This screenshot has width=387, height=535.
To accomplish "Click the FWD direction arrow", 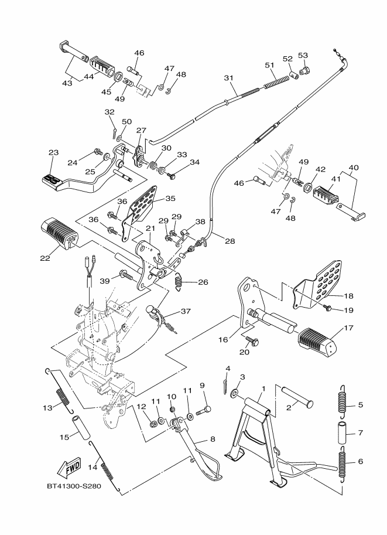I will tap(69, 468).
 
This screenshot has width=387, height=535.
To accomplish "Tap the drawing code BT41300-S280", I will tap(71, 486).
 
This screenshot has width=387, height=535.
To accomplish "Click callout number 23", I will tap(53, 152).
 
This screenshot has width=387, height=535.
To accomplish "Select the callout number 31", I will tap(228, 78).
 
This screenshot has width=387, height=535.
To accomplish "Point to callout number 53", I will tap(303, 56).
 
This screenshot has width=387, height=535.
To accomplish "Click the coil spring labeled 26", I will tap(180, 282).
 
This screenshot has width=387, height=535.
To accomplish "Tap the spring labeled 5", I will tap(343, 403).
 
